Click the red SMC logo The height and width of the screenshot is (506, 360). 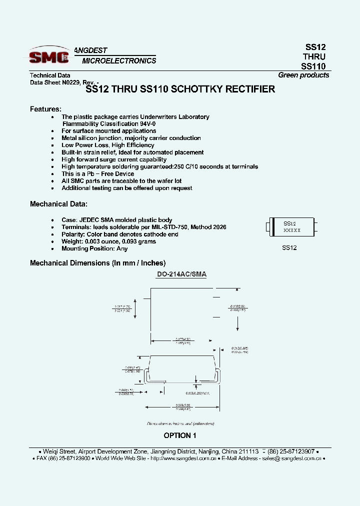pyautogui.click(x=48, y=57)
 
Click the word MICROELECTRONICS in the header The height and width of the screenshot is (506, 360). pyautogui.click(x=119, y=61)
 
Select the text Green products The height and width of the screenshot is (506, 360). pyautogui.click(x=303, y=75)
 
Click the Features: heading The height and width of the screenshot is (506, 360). pyautogui.click(x=45, y=108)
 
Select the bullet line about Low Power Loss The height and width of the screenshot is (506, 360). pyautogui.click(x=107, y=145)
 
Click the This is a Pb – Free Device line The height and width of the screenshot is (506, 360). pyautogui.click(x=97, y=174)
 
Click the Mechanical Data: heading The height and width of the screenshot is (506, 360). pyautogui.click(x=58, y=204)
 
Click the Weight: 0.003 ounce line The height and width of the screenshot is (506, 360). pyautogui.click(x=108, y=241)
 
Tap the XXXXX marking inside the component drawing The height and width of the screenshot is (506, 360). pyautogui.click(x=292, y=230)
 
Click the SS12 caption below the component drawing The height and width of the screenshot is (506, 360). pyautogui.click(x=289, y=248)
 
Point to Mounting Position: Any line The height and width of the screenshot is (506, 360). pyautogui.click(x=94, y=248)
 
